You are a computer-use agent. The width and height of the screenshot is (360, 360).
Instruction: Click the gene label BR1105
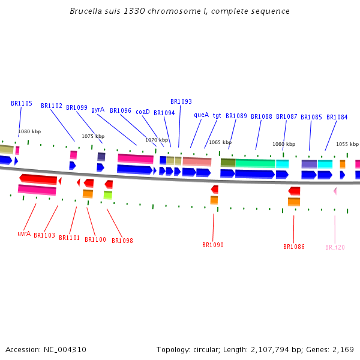[22, 104]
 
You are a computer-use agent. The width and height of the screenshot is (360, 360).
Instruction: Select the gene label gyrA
[98, 110]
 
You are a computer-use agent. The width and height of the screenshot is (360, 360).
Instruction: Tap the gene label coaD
[143, 112]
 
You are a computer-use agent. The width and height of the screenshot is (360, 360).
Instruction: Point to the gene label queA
[202, 115]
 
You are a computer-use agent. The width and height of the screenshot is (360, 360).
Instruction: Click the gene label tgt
[217, 115]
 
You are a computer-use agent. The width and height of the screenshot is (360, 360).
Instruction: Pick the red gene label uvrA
[24, 233]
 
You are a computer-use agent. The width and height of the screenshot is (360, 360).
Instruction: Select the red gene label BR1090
[213, 245]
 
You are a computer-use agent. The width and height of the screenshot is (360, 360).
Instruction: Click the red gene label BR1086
[294, 247]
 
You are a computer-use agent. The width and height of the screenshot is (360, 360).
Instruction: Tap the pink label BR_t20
[335, 247]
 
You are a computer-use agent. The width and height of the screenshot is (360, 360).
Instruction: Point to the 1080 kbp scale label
[29, 131]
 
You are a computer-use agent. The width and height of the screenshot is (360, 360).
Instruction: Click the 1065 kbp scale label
[220, 142]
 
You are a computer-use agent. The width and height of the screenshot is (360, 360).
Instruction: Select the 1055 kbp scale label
[347, 144]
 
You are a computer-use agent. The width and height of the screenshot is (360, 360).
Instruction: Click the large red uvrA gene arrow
[38, 179]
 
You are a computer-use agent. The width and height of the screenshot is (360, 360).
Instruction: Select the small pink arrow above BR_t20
[335, 191]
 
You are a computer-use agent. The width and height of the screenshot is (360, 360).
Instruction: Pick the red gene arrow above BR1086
[294, 191]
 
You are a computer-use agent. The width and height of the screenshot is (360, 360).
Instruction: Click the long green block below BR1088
[255, 163]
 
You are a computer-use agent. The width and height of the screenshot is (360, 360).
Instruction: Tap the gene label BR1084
[337, 117]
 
